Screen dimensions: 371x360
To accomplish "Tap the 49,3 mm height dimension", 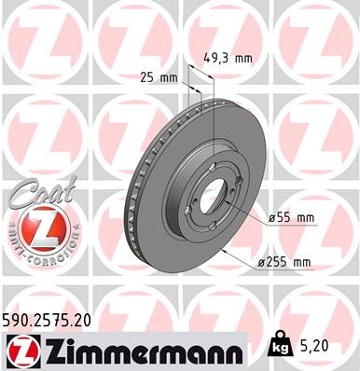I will (x=228, y=58).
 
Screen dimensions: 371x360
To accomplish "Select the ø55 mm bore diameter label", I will (x=290, y=218).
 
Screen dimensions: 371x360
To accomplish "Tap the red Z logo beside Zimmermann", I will (x=23, y=351).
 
